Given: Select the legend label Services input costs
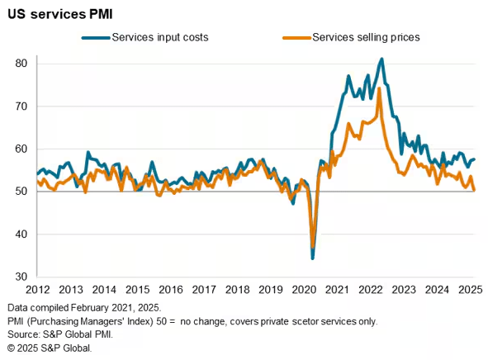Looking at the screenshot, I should tap(160, 37).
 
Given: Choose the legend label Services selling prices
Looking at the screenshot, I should tap(366, 37).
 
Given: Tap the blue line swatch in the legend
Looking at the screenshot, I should tap(96, 37).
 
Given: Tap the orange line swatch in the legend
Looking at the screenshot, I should tap(296, 37).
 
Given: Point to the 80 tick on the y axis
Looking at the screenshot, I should tap(21, 64).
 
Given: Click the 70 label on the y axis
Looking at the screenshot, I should tap(21, 107).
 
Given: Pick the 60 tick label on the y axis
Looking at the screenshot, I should tap(21, 149).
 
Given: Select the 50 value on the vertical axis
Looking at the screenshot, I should tap(21, 192).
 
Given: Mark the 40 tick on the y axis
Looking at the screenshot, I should tap(21, 234).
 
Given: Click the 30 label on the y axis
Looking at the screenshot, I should tap(21, 277).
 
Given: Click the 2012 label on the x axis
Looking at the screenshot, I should tap(37, 290).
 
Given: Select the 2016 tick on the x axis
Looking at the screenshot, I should tap(170, 290).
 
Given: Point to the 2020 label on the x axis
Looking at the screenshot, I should tap(303, 290).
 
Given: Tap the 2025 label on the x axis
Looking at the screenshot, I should tap(469, 290).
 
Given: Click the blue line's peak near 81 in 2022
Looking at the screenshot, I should tap(381, 59).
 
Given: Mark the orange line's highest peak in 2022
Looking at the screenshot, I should tap(379, 88).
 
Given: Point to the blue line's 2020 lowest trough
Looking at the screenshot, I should tap(312, 258).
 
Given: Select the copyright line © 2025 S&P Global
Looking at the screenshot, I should tap(49, 348).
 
